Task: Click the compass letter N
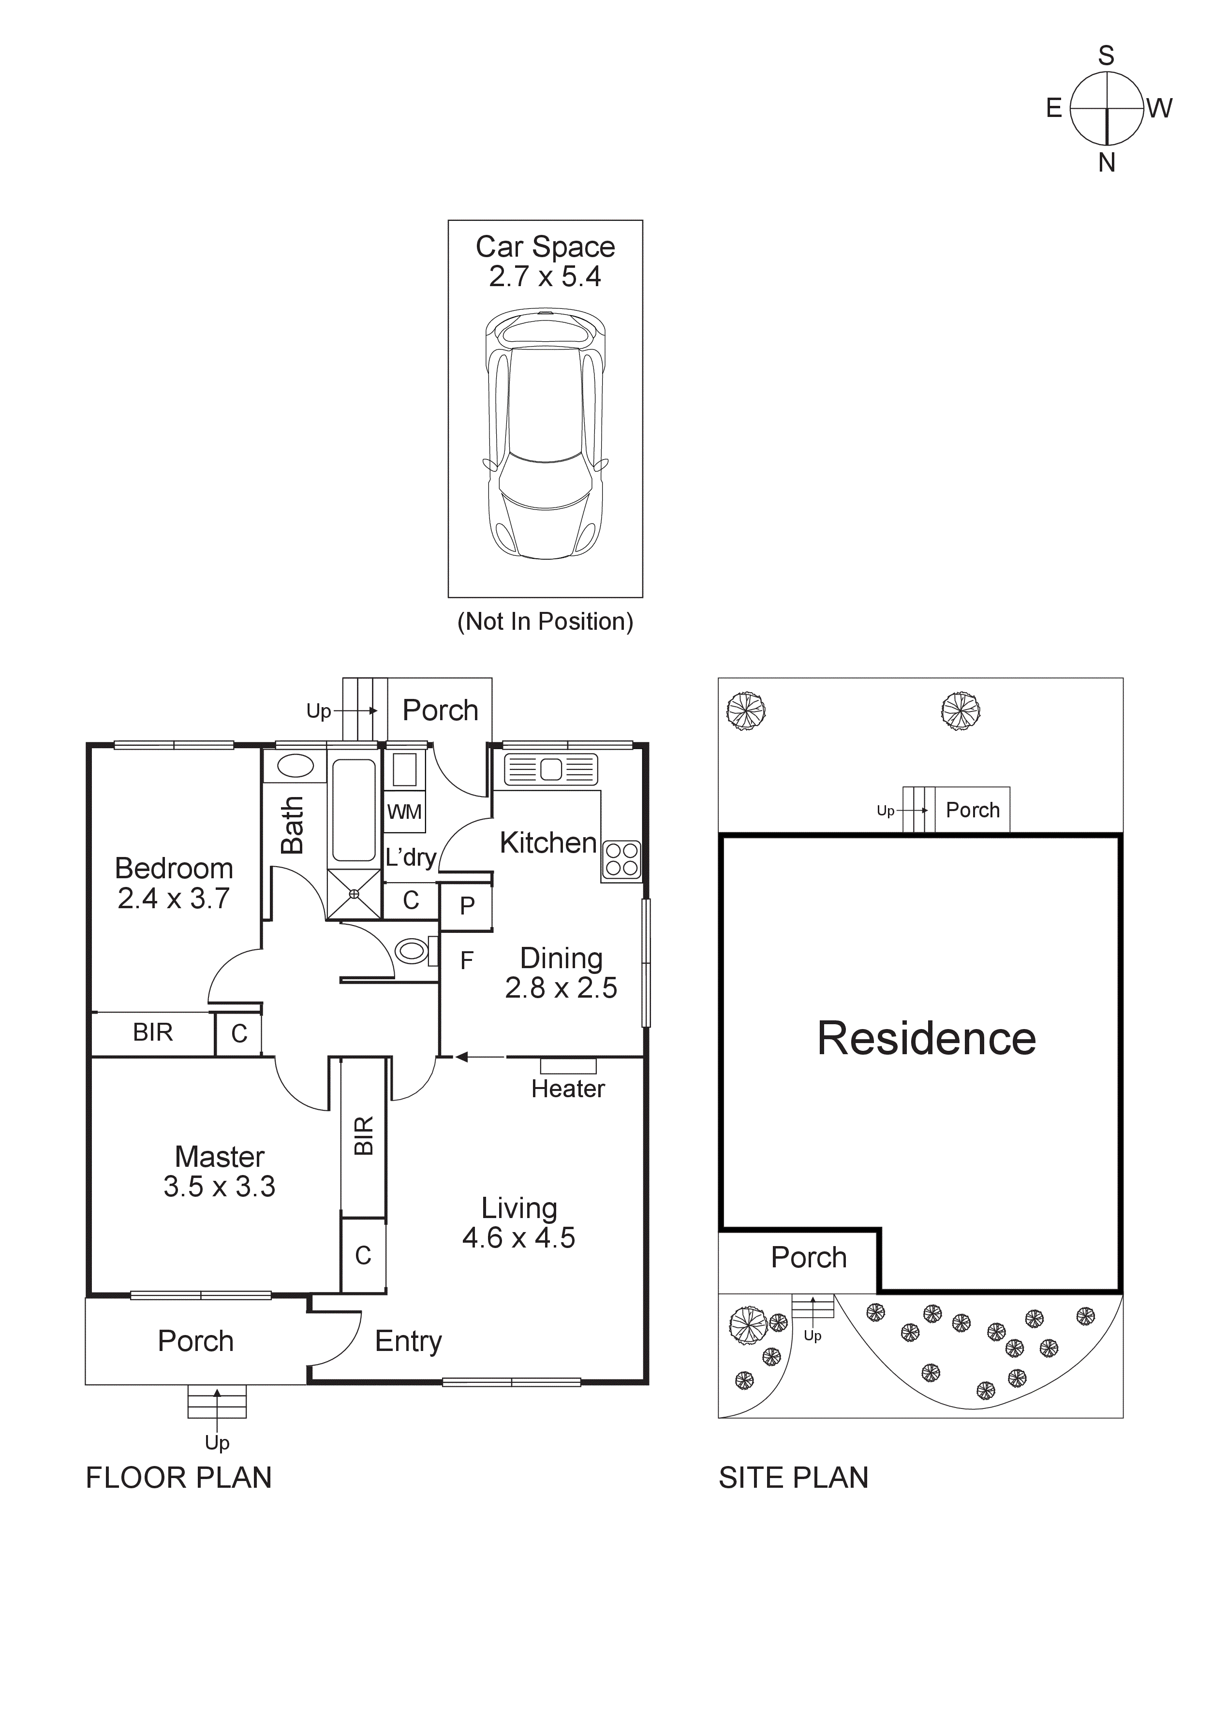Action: pyautogui.click(x=1106, y=162)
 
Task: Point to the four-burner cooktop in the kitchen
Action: pyautogui.click(x=621, y=859)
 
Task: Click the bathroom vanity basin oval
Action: pyautogui.click(x=295, y=766)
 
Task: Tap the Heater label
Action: pyautogui.click(x=568, y=1089)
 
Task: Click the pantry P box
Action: pyautogui.click(x=467, y=906)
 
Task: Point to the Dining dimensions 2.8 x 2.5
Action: pyautogui.click(x=561, y=988)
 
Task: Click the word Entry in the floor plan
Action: pyautogui.click(x=408, y=1341)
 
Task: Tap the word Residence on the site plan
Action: pyautogui.click(x=926, y=1039)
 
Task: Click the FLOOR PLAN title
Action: pyautogui.click(x=179, y=1478)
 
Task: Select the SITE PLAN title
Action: pyautogui.click(x=793, y=1478)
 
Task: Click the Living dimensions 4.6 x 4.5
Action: pyautogui.click(x=518, y=1238)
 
